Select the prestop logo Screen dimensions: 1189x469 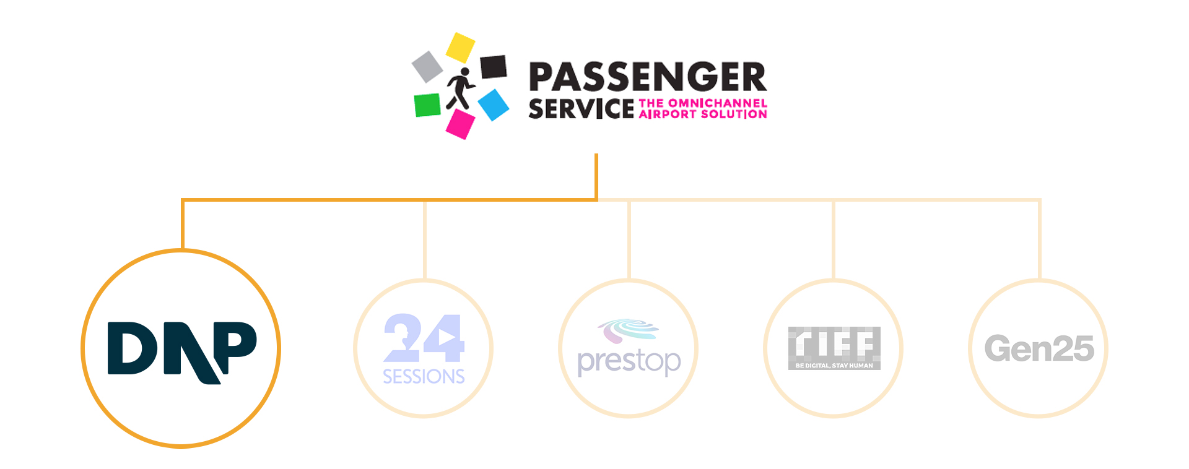tap(629, 350)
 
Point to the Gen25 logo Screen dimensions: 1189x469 tap(1039, 348)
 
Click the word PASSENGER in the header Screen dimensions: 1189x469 tap(647, 77)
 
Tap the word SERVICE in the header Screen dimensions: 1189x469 tap(581, 109)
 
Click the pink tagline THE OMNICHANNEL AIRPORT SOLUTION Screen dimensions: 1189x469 tap(703, 109)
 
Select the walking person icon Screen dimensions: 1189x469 tap(460, 88)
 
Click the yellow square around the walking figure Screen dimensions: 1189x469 tap(460, 47)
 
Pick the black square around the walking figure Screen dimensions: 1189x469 tap(494, 67)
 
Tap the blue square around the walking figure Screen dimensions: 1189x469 tap(494, 105)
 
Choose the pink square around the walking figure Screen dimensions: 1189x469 tap(460, 124)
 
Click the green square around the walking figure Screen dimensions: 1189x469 tap(427, 105)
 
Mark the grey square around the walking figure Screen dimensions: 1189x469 tap(427, 66)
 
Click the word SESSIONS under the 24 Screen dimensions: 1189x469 tap(424, 376)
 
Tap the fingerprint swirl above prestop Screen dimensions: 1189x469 tap(627, 330)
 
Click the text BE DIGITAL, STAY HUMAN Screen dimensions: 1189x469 tap(834, 366)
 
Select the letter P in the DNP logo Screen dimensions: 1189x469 tap(235, 343)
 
